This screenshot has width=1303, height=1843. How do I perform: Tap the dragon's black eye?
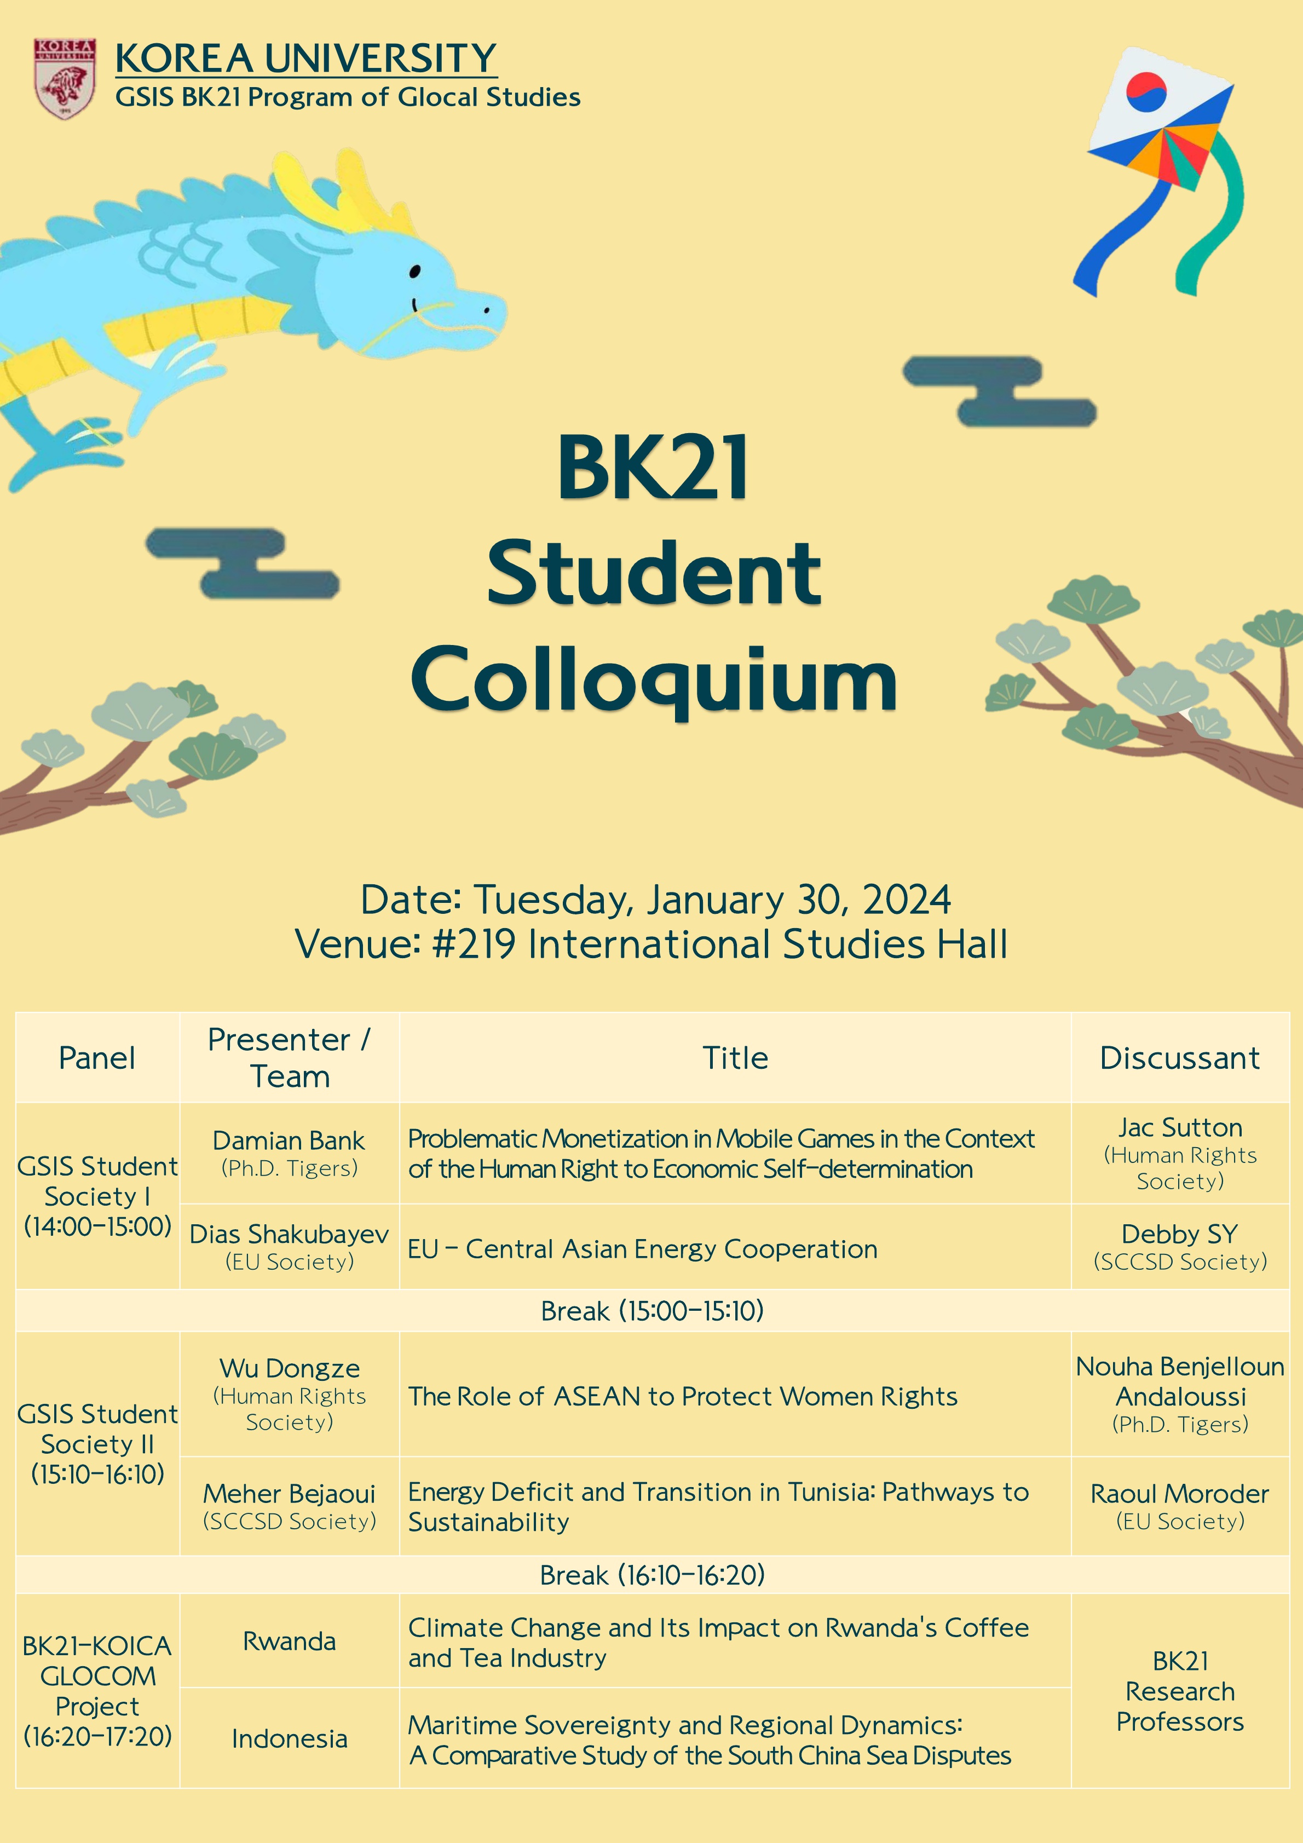415,272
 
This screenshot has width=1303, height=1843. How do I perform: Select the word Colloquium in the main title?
654,679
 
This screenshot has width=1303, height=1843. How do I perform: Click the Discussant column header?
1179,1058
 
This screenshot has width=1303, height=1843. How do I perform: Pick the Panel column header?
97,1058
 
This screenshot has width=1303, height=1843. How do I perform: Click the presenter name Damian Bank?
289,1140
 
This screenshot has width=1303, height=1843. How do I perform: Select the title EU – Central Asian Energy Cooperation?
642,1249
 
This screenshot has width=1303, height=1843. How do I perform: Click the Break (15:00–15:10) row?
652,1310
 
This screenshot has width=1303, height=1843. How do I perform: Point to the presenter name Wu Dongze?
289,1368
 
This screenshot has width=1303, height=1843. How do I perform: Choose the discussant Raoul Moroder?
1179,1493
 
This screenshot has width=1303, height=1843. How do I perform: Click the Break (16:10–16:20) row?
652,1575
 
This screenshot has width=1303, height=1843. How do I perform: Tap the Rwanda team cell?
289,1642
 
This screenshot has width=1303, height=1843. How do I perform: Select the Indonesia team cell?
289,1738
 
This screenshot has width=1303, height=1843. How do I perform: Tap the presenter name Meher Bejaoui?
289,1493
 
